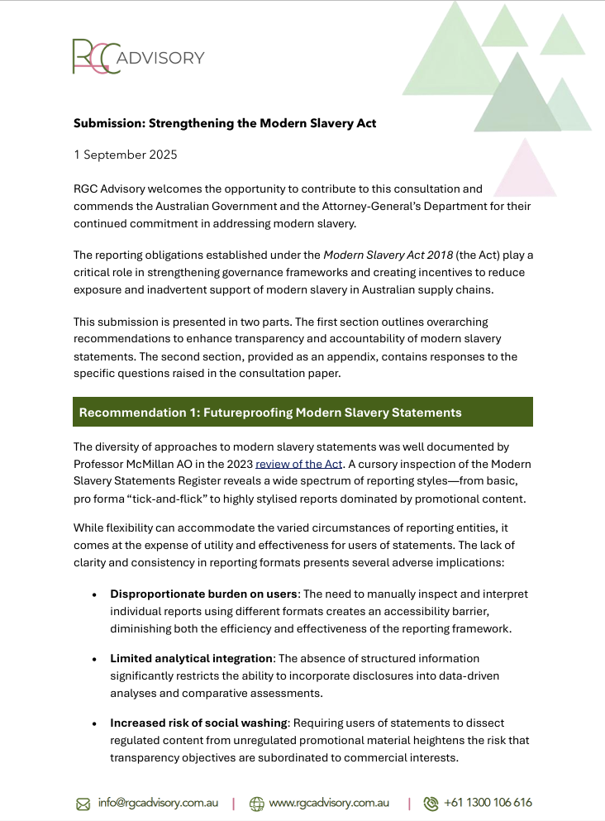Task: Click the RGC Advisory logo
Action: tap(137, 57)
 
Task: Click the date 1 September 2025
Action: tap(125, 155)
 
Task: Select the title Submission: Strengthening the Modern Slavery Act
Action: tap(225, 123)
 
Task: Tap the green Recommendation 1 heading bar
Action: tap(302, 412)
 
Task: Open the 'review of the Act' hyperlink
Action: tap(298, 465)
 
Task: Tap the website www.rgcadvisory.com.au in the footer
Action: tap(329, 802)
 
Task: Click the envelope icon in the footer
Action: tap(83, 803)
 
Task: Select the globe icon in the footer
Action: tap(256, 803)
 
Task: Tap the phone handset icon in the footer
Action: tap(431, 803)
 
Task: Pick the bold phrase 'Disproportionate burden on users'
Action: tap(203, 594)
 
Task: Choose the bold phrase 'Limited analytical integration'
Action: tap(191, 658)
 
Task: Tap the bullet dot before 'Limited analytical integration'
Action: tap(94, 659)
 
